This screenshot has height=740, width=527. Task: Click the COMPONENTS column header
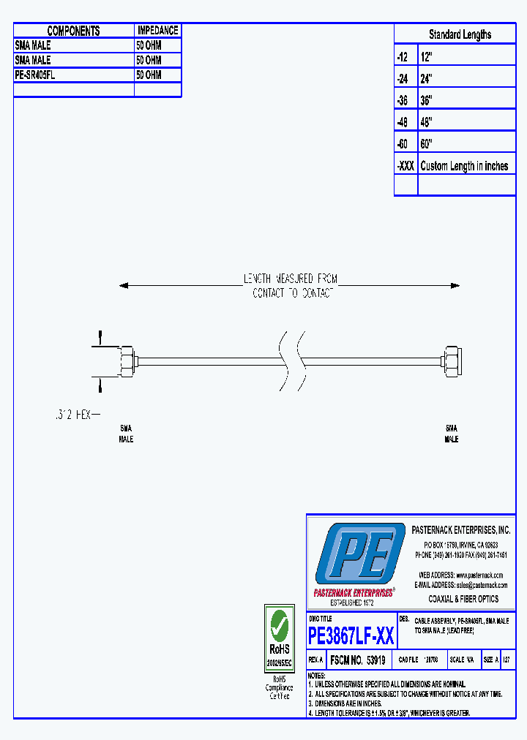coord(73,31)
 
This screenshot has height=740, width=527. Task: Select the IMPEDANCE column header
coord(157,31)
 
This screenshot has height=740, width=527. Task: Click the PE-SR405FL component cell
coord(37,75)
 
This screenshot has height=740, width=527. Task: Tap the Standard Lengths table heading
coord(460,34)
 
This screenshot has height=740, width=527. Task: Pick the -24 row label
coord(403,78)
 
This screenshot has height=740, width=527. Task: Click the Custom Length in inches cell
coord(464,166)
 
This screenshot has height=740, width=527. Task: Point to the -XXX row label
coord(405,166)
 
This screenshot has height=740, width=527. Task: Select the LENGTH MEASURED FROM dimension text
coord(291,279)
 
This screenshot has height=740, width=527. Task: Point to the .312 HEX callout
coord(74,415)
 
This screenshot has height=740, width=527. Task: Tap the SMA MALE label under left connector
coord(126,433)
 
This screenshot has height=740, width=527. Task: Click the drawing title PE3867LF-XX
coord(351,635)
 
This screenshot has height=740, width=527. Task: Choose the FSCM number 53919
coord(358,660)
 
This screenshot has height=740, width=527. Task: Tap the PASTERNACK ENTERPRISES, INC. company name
coord(460,530)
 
